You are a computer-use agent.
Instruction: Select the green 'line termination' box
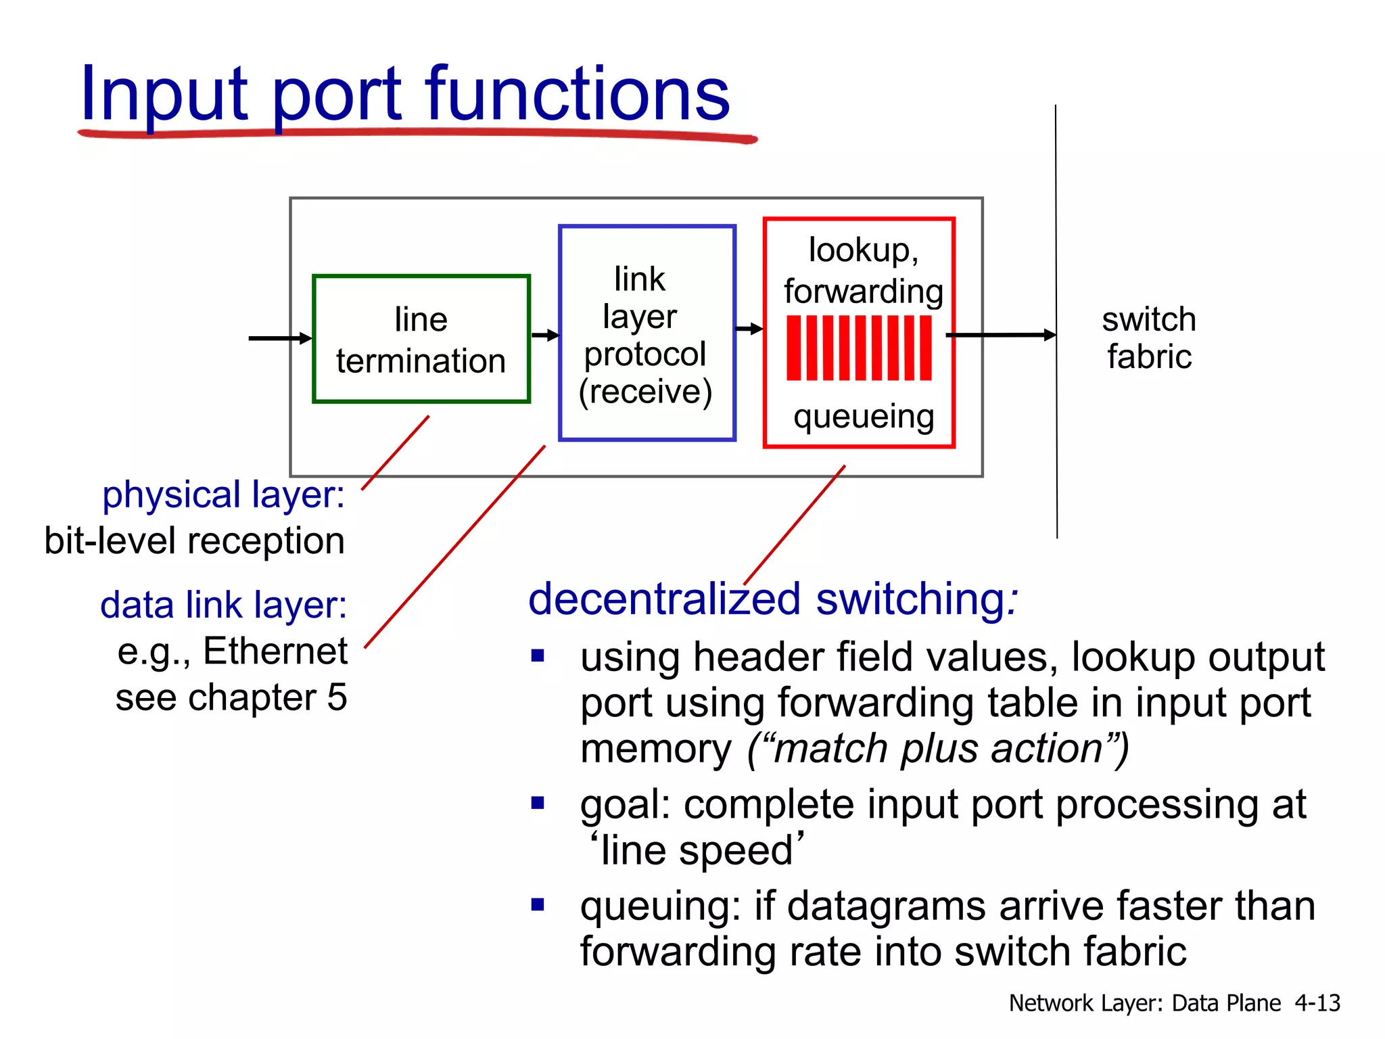click(x=421, y=339)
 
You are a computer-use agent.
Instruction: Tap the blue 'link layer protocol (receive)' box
click(x=647, y=333)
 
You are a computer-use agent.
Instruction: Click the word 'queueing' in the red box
click(x=864, y=417)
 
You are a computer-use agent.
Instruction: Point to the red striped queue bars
click(x=859, y=348)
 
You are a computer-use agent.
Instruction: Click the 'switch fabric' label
click(x=1149, y=338)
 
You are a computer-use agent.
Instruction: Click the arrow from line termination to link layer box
click(x=545, y=335)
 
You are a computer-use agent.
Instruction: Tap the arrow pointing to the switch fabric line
click(x=1001, y=335)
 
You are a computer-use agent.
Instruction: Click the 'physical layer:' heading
click(x=223, y=494)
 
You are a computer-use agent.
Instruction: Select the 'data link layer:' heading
click(x=223, y=605)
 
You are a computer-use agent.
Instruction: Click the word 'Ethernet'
click(x=275, y=651)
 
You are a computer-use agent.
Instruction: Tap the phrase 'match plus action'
click(x=939, y=749)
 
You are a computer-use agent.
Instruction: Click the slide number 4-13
click(x=1317, y=1002)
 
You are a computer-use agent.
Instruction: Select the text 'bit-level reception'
click(x=194, y=540)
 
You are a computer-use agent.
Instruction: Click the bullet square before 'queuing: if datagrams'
click(x=538, y=904)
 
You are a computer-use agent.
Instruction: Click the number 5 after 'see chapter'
click(x=337, y=697)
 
